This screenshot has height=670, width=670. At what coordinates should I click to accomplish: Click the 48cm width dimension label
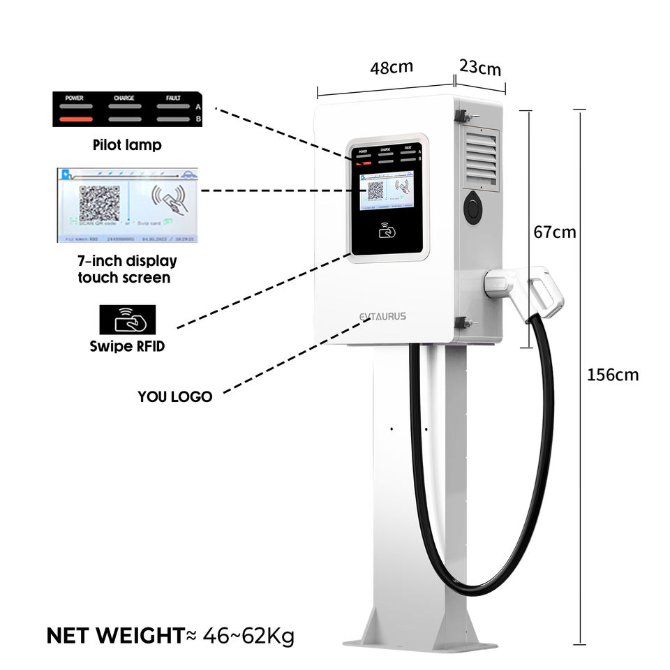click(x=391, y=68)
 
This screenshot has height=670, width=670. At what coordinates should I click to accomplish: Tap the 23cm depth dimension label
click(x=480, y=68)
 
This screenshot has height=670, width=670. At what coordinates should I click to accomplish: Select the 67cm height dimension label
click(x=555, y=232)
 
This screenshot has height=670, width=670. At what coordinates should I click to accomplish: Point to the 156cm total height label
click(x=613, y=375)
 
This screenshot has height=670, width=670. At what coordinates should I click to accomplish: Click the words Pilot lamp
click(x=127, y=146)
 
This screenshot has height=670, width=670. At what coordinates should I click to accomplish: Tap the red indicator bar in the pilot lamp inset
click(x=75, y=119)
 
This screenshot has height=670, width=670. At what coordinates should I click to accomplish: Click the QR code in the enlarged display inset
click(x=99, y=203)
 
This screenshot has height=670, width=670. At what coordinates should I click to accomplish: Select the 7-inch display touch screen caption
click(x=127, y=269)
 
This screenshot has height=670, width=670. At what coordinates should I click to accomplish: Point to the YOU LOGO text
click(x=174, y=396)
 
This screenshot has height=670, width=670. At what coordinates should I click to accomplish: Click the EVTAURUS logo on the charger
click(x=382, y=316)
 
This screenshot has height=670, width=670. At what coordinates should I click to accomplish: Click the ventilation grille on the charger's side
click(x=481, y=159)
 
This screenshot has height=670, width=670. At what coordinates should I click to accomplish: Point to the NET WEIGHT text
click(x=115, y=636)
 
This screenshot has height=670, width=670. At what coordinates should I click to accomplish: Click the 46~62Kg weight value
click(x=248, y=636)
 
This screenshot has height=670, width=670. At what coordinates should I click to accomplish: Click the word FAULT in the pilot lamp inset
click(x=173, y=98)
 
